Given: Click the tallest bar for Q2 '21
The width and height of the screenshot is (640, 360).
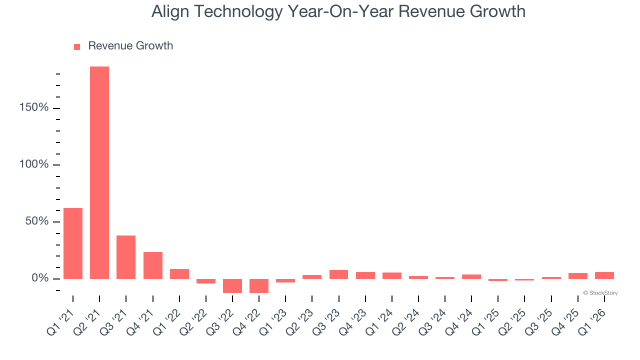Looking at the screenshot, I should tap(99, 172).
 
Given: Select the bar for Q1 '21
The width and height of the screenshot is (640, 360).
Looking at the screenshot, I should tap(73, 243).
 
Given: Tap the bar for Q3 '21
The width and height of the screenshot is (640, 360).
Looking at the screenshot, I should tap(126, 257).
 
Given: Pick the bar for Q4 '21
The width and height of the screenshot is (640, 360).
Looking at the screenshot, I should tap(153, 265).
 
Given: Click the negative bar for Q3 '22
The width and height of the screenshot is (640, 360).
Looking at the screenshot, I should tap(232, 285).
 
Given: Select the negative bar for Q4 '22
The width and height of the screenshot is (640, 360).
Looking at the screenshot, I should tap(259, 285).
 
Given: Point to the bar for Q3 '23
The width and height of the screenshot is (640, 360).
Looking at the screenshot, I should tap(339, 274).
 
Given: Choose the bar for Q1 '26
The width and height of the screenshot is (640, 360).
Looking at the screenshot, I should tap(604, 275).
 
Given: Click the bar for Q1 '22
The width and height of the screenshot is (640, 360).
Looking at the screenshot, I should tap(179, 274).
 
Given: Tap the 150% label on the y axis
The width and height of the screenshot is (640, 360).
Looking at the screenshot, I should tap(33, 108).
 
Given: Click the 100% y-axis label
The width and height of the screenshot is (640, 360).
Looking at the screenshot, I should tap(33, 164).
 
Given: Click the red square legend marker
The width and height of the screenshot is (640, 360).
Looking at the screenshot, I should tap(77, 46).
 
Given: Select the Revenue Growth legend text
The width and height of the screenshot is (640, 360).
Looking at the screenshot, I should tap(130, 46).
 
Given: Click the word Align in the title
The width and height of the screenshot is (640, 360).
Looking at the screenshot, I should tap(168, 11).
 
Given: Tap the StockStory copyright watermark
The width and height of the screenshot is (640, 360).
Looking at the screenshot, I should tap(600, 293).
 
